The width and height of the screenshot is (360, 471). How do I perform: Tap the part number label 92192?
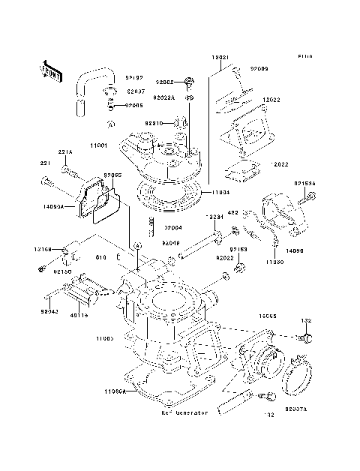point(134,77)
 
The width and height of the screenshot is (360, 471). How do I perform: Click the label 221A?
point(65,152)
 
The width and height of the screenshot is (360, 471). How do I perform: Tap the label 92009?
point(259,69)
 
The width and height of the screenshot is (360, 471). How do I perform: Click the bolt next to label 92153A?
point(308,199)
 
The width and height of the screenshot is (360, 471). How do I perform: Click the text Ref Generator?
point(184,412)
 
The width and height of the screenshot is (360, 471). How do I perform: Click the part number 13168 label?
point(43,247)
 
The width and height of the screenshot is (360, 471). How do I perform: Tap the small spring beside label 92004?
point(152,224)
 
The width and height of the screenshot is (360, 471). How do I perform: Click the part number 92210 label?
point(154,122)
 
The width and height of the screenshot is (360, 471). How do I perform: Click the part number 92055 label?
point(112,175)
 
